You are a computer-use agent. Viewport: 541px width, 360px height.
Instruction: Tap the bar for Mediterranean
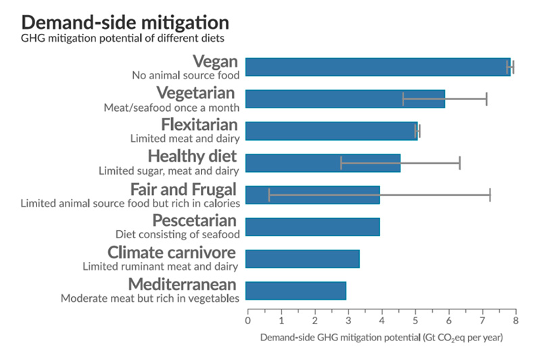[296, 290]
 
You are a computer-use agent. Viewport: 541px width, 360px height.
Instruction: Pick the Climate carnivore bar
[302, 258]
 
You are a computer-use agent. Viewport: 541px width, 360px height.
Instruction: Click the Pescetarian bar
[312, 227]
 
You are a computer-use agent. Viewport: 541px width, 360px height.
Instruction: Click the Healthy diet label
[192, 156]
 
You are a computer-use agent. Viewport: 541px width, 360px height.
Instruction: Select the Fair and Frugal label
[179, 188]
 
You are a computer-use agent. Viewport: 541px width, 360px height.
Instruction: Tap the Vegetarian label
[195, 93]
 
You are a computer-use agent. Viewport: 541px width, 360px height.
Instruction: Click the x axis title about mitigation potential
[381, 336]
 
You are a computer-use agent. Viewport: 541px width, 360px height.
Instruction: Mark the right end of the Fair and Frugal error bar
[490, 195]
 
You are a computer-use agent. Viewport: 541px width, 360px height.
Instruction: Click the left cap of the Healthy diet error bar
[341, 162]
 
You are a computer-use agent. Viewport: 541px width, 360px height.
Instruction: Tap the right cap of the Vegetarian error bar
[486, 99]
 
